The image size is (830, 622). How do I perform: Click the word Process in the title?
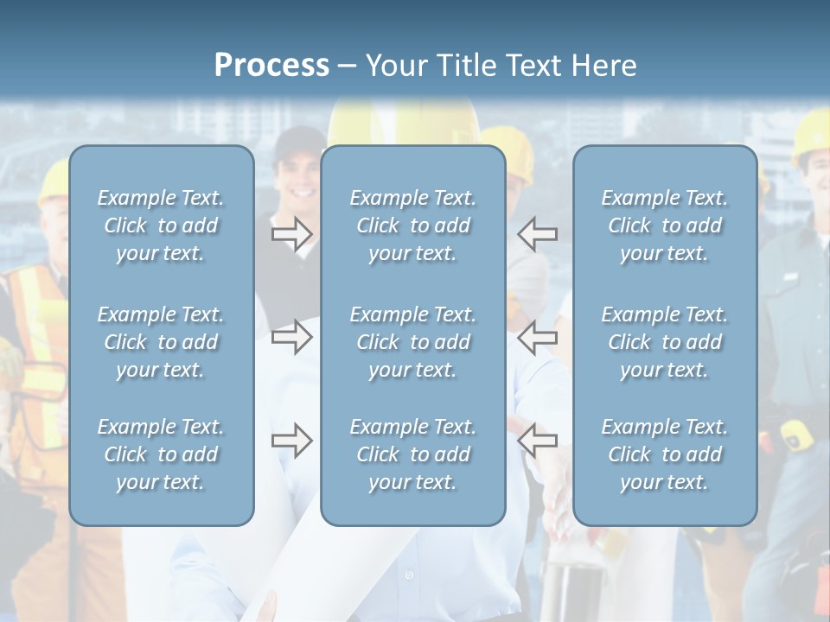click(x=271, y=66)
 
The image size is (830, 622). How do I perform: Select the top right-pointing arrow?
click(x=291, y=233)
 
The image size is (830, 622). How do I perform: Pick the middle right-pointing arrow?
click(x=291, y=337)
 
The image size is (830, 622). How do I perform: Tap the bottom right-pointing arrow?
click(x=291, y=441)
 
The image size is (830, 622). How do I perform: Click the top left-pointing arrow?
click(x=537, y=233)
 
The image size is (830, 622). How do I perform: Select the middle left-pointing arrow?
click(x=537, y=337)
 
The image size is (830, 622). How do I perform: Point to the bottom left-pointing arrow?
click(x=537, y=441)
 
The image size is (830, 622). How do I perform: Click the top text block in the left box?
click(x=161, y=225)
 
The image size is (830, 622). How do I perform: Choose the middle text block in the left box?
click(x=161, y=342)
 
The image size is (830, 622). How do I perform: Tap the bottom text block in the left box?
click(x=161, y=454)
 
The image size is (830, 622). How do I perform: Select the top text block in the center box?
click(x=412, y=225)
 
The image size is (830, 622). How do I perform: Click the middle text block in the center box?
click(x=412, y=342)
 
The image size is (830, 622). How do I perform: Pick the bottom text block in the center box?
click(x=412, y=454)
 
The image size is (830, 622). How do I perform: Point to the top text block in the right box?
click(x=664, y=225)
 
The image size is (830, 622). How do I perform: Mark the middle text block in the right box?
click(x=664, y=342)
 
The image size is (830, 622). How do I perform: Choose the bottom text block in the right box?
click(x=664, y=454)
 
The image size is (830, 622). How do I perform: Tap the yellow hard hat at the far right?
click(x=809, y=134)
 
